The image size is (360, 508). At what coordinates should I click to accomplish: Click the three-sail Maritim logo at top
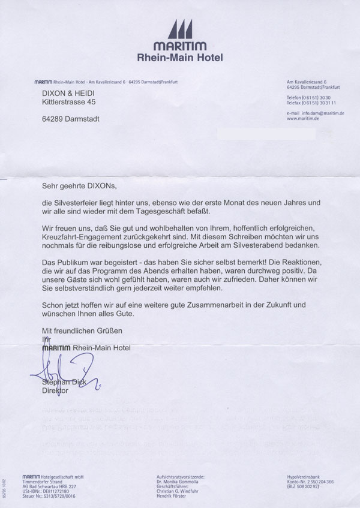click(x=179, y=29)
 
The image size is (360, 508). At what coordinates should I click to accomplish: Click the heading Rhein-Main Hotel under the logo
click(x=179, y=58)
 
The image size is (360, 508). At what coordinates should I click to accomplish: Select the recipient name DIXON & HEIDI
click(x=67, y=94)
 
